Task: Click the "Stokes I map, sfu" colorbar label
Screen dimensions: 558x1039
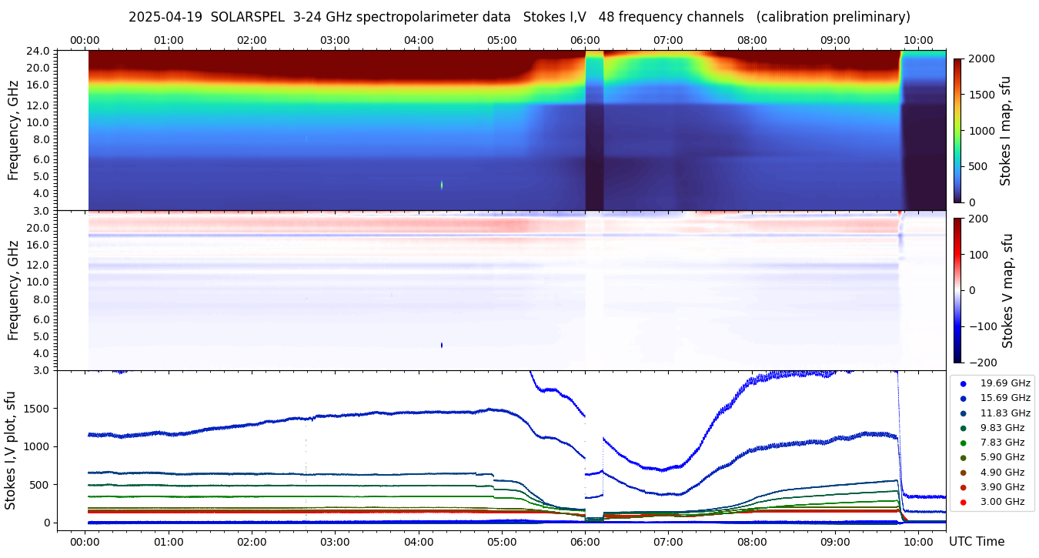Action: click(1006, 130)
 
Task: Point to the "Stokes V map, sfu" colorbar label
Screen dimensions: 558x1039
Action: click(1007, 290)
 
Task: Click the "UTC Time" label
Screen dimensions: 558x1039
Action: click(977, 541)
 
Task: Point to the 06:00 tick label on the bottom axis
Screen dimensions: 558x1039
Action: click(585, 541)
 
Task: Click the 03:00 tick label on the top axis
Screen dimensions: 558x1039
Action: click(335, 40)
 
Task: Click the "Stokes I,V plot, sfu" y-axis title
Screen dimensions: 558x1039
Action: click(11, 450)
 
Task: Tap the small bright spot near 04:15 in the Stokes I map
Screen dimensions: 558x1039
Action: click(442, 185)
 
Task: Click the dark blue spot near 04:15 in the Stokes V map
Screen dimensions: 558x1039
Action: click(442, 345)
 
